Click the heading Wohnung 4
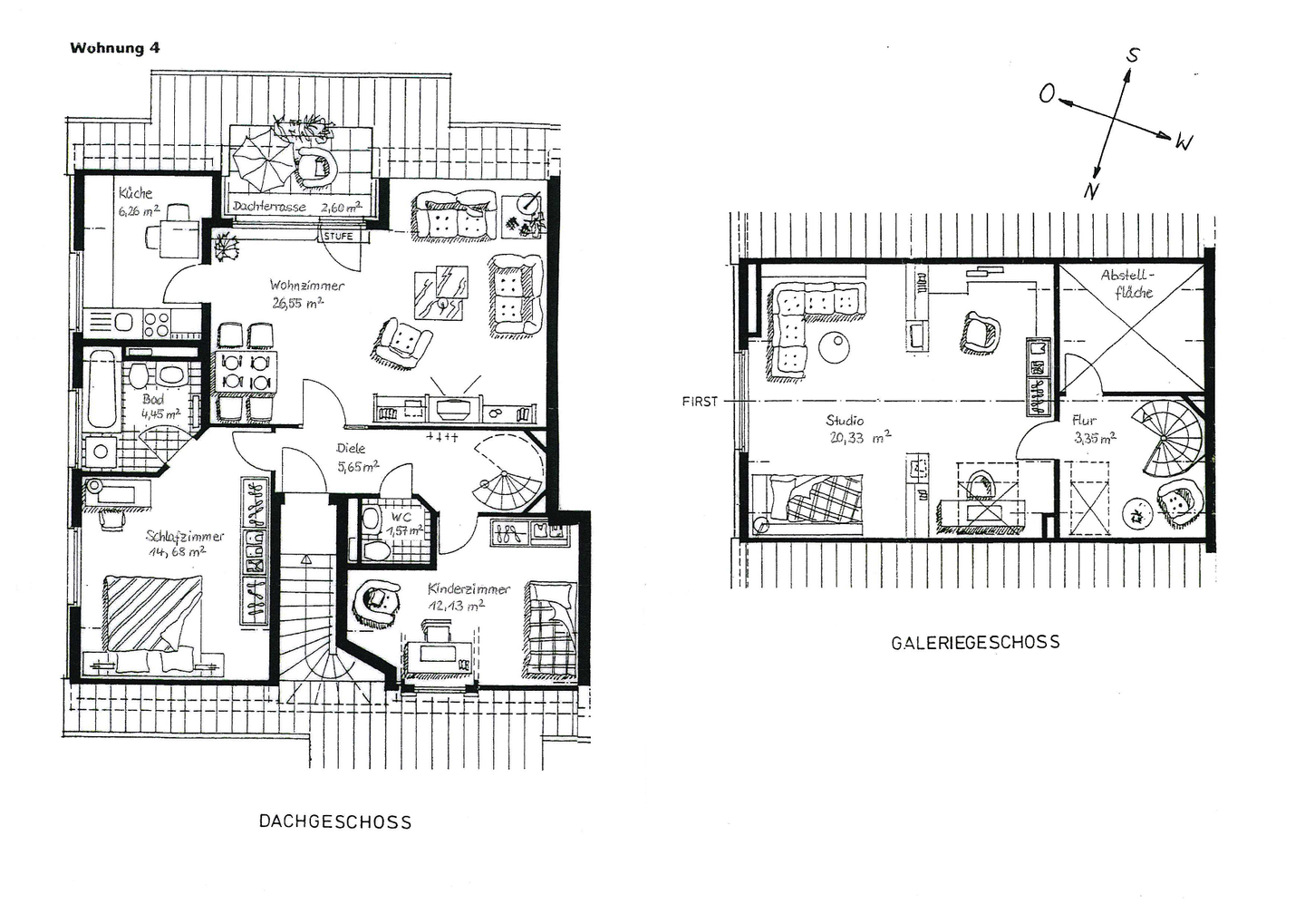(115, 48)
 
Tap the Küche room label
(135, 193)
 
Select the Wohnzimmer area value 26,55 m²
(297, 303)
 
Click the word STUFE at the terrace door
(338, 237)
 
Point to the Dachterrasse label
(269, 207)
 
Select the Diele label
(351, 448)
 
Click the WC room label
(401, 518)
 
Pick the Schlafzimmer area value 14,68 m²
(177, 550)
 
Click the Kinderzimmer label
(469, 588)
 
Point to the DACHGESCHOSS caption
(335, 822)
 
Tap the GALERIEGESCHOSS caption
(975, 642)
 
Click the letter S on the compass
(1133, 55)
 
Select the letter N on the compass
(1091, 190)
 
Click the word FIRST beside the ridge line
(700, 402)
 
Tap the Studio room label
(845, 420)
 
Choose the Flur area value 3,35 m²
(1096, 438)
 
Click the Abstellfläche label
(1126, 283)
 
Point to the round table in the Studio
(835, 347)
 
